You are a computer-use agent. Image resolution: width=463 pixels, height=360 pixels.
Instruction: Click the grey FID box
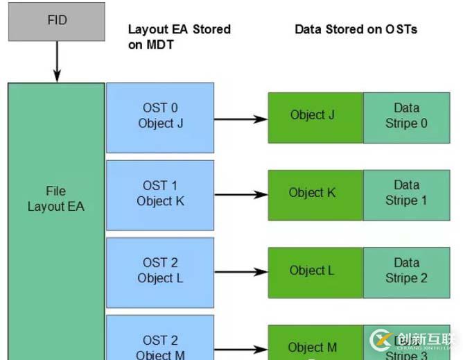[x=57, y=22]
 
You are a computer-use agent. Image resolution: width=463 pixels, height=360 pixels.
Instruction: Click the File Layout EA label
[x=56, y=198]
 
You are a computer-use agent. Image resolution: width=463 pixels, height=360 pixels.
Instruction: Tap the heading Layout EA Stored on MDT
[x=179, y=37]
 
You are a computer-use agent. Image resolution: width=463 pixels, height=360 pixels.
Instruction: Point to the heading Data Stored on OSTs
[x=356, y=29]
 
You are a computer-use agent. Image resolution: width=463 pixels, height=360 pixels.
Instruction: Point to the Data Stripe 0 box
[x=406, y=116]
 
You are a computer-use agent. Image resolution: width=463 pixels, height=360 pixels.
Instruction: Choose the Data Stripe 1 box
[x=406, y=193]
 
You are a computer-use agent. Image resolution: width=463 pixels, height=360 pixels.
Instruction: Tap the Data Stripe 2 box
[x=406, y=271]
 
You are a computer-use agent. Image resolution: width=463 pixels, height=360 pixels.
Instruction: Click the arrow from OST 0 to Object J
[x=241, y=119]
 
